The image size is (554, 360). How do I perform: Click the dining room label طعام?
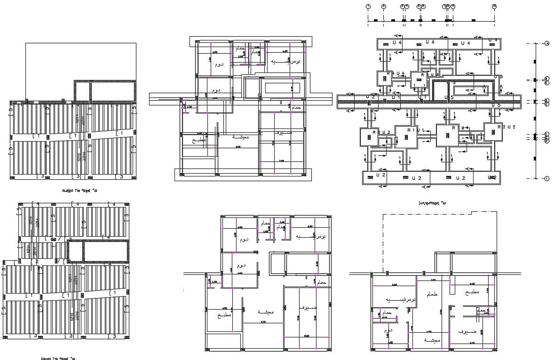coord(432,294)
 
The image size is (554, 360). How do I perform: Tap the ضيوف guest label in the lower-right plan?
coord(469,331)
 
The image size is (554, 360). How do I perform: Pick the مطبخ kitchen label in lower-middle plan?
coord(224,315)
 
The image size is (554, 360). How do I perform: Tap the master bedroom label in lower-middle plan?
coord(311,235)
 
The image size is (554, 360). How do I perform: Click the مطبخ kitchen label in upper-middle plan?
coord(199,140)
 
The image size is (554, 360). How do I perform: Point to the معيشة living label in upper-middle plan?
coord(241,137)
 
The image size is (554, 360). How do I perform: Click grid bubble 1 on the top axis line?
coord(368,6)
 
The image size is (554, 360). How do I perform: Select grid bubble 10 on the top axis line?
coord(494,6)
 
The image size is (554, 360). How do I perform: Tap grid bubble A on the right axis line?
coord(547,44)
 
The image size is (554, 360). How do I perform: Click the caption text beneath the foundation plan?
coord(432,203)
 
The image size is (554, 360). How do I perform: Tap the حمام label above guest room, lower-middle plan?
coord(322,282)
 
